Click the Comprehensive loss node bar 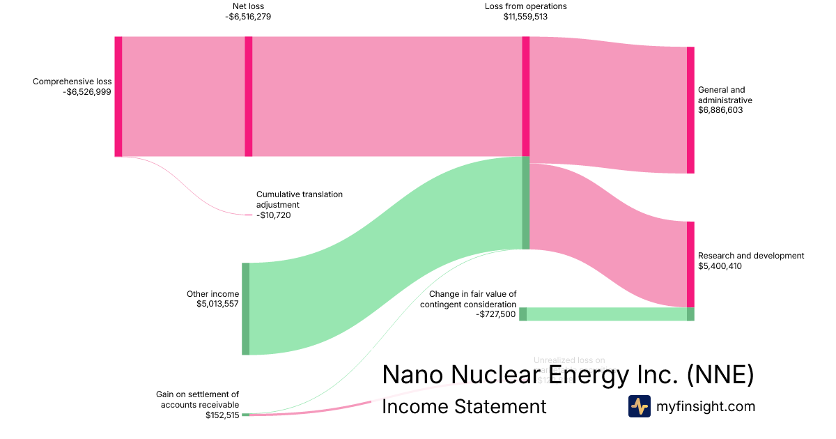pyautogui.click(x=118, y=96)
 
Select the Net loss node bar pyautogui.click(x=249, y=96)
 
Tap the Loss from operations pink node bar pyautogui.click(x=526, y=96)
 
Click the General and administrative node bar pyautogui.click(x=690, y=110)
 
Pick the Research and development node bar pyautogui.click(x=690, y=264)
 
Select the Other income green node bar pyautogui.click(x=245, y=309)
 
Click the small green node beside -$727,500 pyautogui.click(x=522, y=314)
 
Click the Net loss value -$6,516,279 pyautogui.click(x=248, y=17)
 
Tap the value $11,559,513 pyautogui.click(x=525, y=17)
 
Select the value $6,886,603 pyautogui.click(x=721, y=110)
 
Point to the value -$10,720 pyautogui.click(x=273, y=215)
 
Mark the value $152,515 pyautogui.click(x=222, y=415)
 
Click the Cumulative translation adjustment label pyautogui.click(x=300, y=200)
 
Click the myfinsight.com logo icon pyautogui.click(x=639, y=406)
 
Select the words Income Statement pyautogui.click(x=464, y=406)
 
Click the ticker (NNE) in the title pyautogui.click(x=720, y=375)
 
